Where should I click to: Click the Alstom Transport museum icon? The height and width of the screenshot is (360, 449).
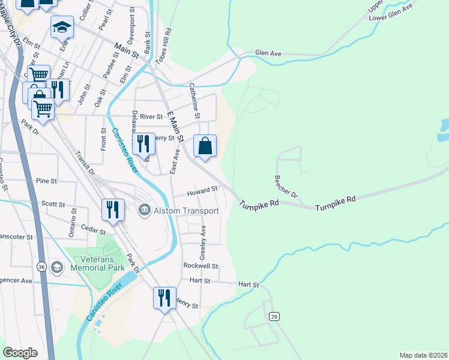tap(145, 210)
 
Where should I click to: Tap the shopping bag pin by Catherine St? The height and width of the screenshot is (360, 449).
tap(205, 146)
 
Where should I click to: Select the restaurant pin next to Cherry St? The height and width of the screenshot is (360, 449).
tap(143, 144)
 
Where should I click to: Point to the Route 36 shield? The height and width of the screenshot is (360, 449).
tap(41, 266)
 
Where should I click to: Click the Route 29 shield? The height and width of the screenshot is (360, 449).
tap(274, 316)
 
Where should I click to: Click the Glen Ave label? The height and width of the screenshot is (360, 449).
tap(268, 53)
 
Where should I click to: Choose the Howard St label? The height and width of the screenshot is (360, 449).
tap(202, 191)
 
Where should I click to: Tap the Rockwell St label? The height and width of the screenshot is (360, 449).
tap(200, 266)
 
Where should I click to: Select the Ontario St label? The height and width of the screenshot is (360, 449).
tap(73, 221)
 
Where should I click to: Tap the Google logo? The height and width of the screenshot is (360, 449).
tap(20, 353)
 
